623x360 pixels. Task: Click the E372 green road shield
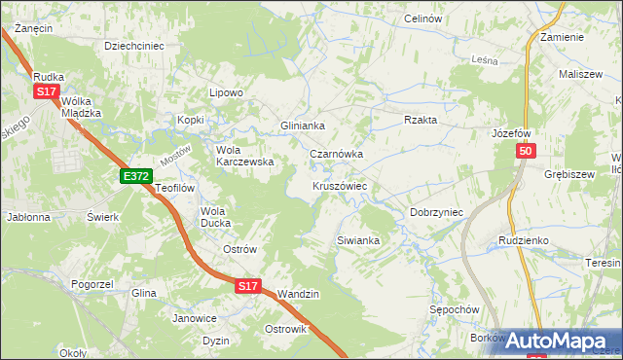pos(135,176)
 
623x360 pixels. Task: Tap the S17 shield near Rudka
pos(46,91)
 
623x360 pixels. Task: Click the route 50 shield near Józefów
pos(526,152)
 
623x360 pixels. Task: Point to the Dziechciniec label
pos(133,45)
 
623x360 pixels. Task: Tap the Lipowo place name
pos(226,92)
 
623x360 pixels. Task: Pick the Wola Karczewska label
pos(244,156)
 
